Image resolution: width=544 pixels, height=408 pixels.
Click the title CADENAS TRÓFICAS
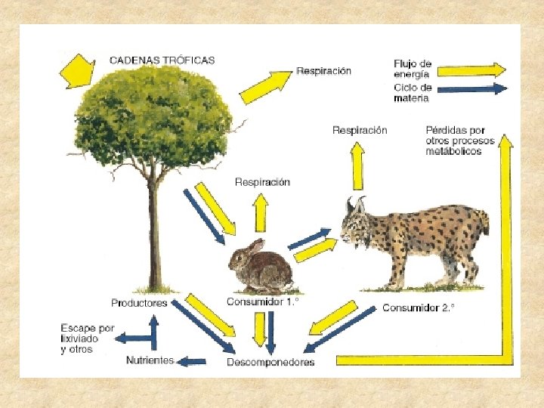[x=162, y=60]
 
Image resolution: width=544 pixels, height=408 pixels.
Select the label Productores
[x=139, y=303]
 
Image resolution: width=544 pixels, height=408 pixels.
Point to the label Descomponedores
[x=270, y=362]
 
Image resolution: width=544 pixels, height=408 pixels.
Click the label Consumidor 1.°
[x=262, y=301]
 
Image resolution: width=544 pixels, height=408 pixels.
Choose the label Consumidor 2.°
[x=418, y=308]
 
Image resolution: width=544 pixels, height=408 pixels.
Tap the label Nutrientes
[x=150, y=360]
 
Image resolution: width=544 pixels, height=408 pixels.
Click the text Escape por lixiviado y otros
[x=88, y=338]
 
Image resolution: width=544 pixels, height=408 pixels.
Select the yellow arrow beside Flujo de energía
[x=471, y=70]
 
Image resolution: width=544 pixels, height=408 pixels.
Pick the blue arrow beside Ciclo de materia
[x=471, y=89]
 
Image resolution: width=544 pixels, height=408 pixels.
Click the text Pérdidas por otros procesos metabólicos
[x=459, y=141]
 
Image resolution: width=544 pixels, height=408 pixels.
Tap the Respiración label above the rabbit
[x=262, y=182]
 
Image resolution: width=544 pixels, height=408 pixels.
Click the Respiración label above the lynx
[x=360, y=130]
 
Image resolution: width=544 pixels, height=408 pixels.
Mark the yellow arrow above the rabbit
[x=260, y=212]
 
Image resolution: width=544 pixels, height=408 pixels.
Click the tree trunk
[x=154, y=234]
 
